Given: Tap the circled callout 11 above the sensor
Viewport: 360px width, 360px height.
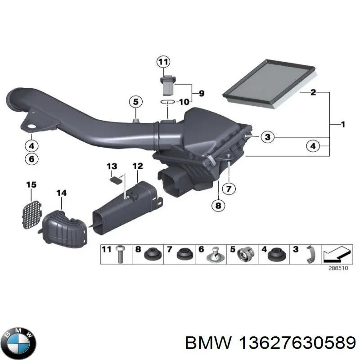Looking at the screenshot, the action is [x=163, y=62].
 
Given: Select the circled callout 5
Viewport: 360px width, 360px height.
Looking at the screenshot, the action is [x=136, y=102].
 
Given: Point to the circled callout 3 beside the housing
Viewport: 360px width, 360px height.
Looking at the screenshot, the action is [x=268, y=137].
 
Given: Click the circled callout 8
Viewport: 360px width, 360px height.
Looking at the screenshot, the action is [x=218, y=205].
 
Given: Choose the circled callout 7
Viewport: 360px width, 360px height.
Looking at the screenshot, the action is [x=229, y=189].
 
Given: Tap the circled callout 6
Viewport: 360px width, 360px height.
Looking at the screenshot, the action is [x=31, y=159].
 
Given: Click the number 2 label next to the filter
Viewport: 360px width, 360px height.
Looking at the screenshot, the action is [x=313, y=92].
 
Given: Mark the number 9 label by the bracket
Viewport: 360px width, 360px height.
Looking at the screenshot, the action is [x=201, y=93].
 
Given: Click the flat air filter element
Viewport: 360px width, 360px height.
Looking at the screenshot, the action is [x=270, y=84].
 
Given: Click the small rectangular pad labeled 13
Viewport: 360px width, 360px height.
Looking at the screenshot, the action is [x=116, y=180].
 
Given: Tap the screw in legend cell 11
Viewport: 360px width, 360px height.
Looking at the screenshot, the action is [x=119, y=255].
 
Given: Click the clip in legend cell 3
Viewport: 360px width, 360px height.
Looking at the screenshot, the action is [x=310, y=255].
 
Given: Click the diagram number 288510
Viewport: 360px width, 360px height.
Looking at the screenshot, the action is [x=338, y=268].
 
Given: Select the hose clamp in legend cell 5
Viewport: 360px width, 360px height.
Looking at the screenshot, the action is [x=246, y=255].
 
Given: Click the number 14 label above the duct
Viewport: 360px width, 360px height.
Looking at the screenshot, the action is [x=62, y=193].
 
